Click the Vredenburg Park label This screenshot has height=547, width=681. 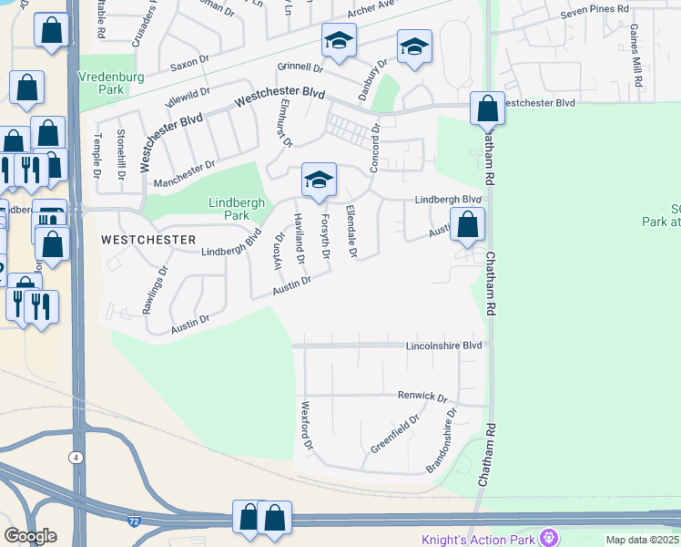tap(111, 84)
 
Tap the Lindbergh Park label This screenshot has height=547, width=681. tap(229, 209)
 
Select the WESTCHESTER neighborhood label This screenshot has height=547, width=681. tap(148, 240)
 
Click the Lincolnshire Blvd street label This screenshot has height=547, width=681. tap(442, 346)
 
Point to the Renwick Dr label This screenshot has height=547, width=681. tap(422, 397)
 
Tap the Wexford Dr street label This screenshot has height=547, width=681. tap(307, 427)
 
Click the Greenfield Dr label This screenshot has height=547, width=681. tap(394, 435)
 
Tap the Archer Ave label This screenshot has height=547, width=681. tap(374, 14)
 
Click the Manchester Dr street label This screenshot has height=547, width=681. tap(184, 171)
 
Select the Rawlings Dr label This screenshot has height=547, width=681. tap(156, 290)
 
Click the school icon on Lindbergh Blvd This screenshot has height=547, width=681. tap(319, 181)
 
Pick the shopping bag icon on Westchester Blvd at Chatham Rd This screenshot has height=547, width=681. tap(488, 108)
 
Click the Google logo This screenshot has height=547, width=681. tap(30, 535)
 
